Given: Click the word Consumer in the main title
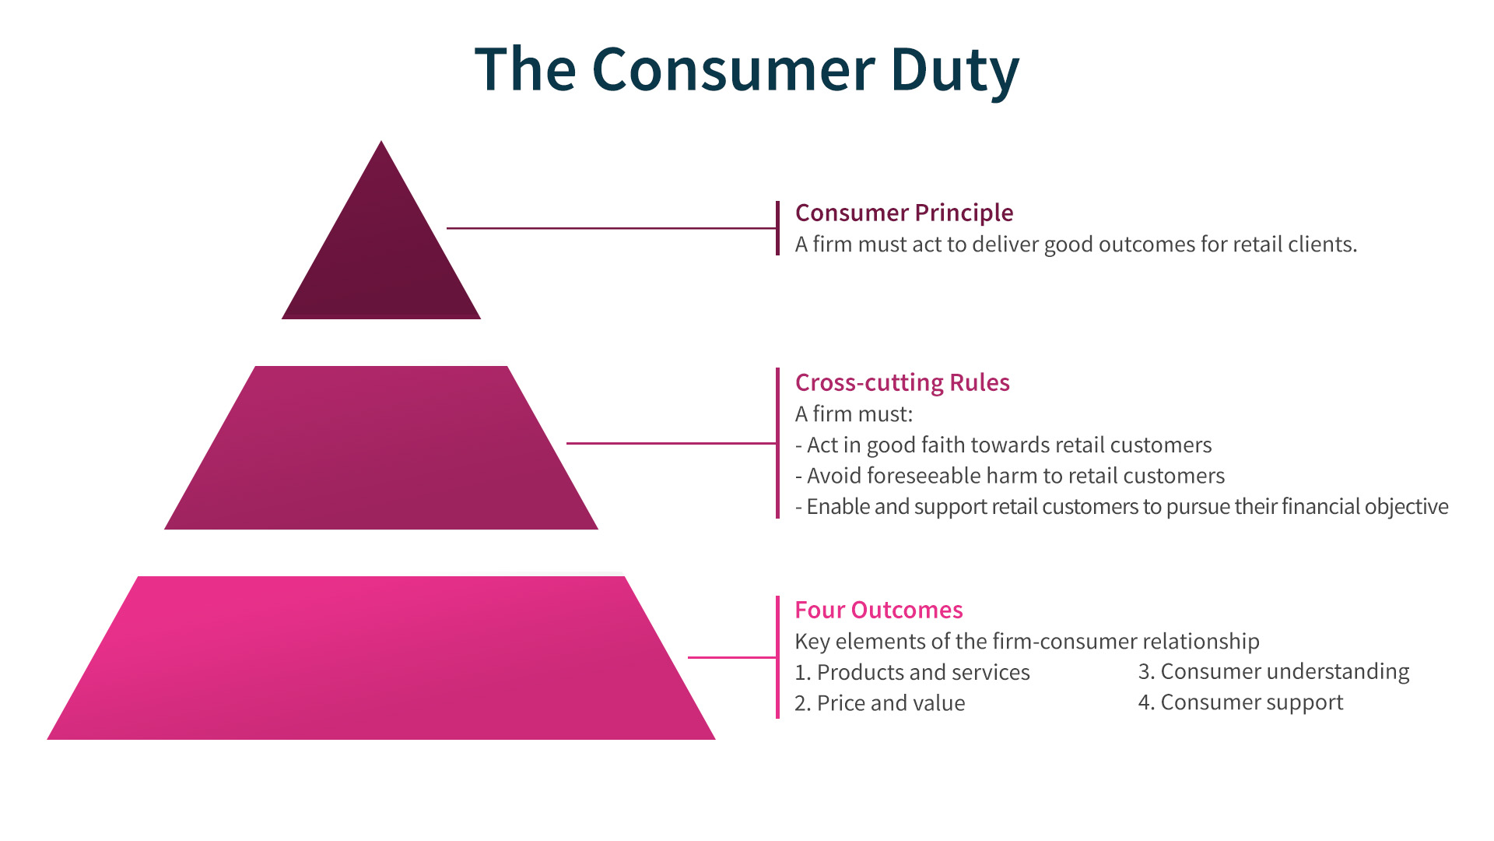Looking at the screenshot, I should [x=733, y=70].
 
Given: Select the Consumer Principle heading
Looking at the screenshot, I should [x=903, y=213].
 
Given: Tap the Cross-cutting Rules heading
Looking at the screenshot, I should [x=902, y=382].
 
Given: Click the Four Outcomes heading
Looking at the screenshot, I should [x=879, y=610].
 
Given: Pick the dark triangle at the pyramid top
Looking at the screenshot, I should [x=381, y=257].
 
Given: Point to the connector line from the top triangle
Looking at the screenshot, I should [x=611, y=228].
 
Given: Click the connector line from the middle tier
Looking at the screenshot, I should [x=671, y=443].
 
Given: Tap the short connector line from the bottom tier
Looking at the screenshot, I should [x=731, y=657].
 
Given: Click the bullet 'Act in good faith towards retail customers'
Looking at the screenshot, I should [x=1003, y=445].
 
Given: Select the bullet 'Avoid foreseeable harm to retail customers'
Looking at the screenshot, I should [x=1009, y=476].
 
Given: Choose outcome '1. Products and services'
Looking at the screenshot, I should [x=912, y=672].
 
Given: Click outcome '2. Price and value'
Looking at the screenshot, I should [x=879, y=703].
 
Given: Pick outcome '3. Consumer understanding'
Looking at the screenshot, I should [x=1273, y=671].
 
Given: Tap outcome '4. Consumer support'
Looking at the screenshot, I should [x=1240, y=702].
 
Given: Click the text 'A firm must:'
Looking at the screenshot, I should [x=854, y=414].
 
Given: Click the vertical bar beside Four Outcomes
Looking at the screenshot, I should [x=777, y=657].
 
